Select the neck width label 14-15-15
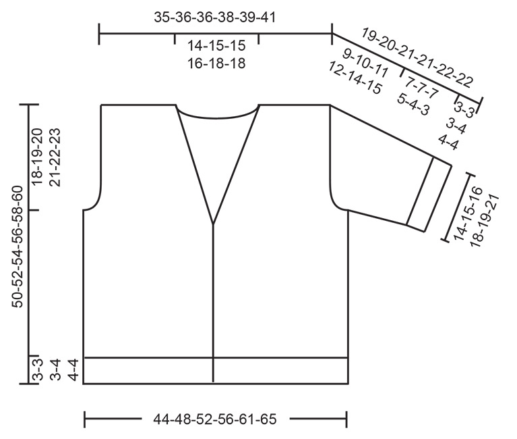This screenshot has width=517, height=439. click(x=216, y=47)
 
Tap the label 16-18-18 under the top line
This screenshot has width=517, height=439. click(x=216, y=63)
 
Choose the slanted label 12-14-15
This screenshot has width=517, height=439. click(x=355, y=78)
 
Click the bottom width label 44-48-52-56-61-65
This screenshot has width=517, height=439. click(x=215, y=419)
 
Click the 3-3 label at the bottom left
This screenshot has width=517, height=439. click(x=38, y=371)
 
